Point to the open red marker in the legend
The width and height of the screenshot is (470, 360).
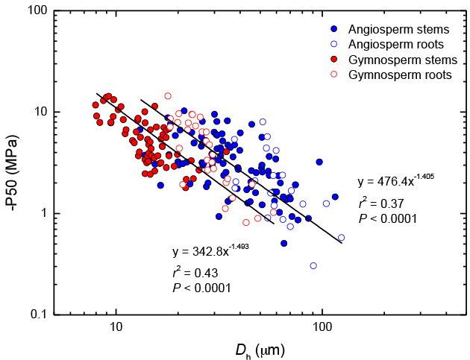point(333,75)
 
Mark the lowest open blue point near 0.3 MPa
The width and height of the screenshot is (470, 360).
point(313,265)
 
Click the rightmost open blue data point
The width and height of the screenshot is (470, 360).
point(341,238)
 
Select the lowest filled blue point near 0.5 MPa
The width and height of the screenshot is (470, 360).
point(284,243)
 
